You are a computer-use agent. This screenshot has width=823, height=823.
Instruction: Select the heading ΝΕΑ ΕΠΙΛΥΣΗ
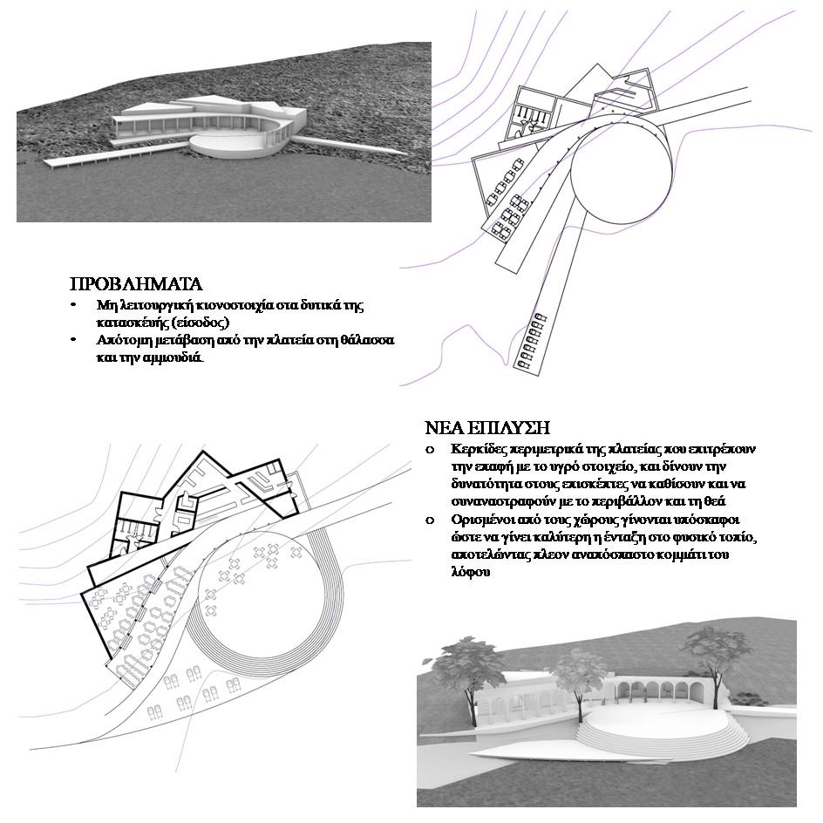(487, 428)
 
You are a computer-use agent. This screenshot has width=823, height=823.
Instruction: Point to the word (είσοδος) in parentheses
(200, 322)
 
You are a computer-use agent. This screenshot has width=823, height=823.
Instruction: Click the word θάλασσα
(343, 340)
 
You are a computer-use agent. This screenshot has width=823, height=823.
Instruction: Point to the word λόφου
(471, 572)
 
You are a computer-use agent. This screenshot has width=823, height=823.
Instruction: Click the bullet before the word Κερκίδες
(429, 451)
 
